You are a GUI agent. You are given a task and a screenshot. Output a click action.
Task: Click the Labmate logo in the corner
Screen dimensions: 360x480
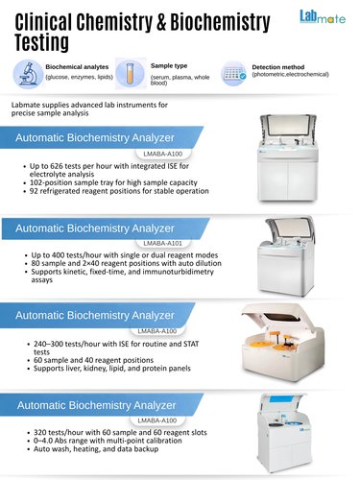pyautogui.click(x=323, y=17)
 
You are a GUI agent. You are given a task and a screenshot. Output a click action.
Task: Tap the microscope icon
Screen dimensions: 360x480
pyautogui.click(x=28, y=74)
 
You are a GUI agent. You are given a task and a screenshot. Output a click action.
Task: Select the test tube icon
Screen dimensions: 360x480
pyautogui.click(x=130, y=74)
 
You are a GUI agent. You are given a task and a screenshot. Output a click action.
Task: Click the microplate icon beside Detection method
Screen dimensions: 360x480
pyautogui.click(x=234, y=74)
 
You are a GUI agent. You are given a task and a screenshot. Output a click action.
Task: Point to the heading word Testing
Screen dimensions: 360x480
pyautogui.click(x=42, y=42)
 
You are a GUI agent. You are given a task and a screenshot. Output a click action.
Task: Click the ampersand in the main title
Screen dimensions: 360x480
pyautogui.click(x=161, y=22)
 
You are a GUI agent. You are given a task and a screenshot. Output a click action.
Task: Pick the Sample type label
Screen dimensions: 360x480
pyautogui.click(x=169, y=66)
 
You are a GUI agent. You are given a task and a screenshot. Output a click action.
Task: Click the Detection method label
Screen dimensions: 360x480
pyautogui.click(x=278, y=67)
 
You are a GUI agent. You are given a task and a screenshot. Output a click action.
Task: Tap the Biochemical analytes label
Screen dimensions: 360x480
pyautogui.click(x=77, y=67)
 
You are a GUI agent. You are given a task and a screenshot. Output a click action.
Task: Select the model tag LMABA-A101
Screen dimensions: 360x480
pyautogui.click(x=163, y=243)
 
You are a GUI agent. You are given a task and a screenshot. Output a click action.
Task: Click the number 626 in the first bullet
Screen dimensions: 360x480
pyautogui.click(x=57, y=166)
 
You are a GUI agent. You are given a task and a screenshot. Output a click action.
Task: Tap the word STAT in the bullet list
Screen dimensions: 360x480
pyautogui.click(x=191, y=344)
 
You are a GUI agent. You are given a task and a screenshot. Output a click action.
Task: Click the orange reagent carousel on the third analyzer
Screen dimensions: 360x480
pyautogui.click(x=259, y=345)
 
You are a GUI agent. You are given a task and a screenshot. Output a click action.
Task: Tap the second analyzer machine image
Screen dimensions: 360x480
pyautogui.click(x=286, y=256)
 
